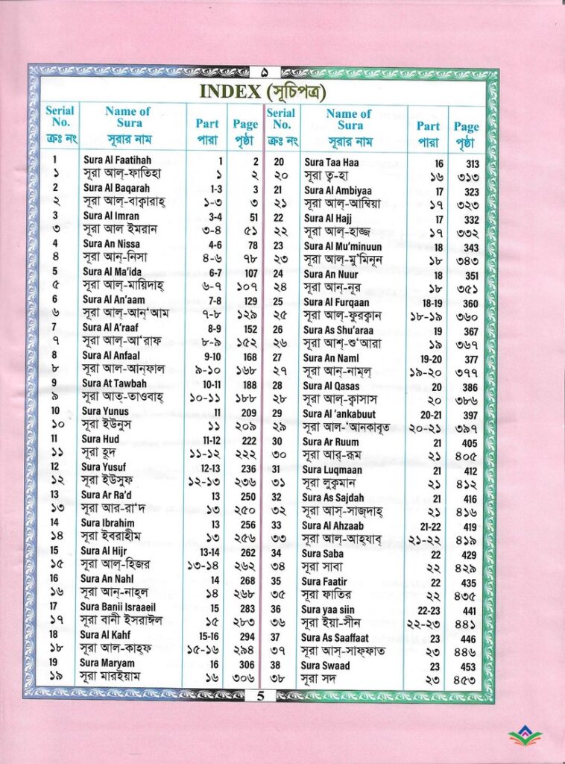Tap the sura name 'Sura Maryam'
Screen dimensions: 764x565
pyautogui.click(x=108, y=663)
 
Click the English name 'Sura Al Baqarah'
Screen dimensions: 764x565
pyautogui.click(x=116, y=188)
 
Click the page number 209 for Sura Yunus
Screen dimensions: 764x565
pyautogui.click(x=249, y=411)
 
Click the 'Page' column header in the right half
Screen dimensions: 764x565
pyautogui.click(x=466, y=127)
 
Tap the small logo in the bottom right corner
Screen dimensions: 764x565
pyautogui.click(x=525, y=737)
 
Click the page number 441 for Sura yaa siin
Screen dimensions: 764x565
pyautogui.click(x=470, y=610)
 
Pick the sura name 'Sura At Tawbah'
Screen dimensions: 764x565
pyautogui.click(x=115, y=383)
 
